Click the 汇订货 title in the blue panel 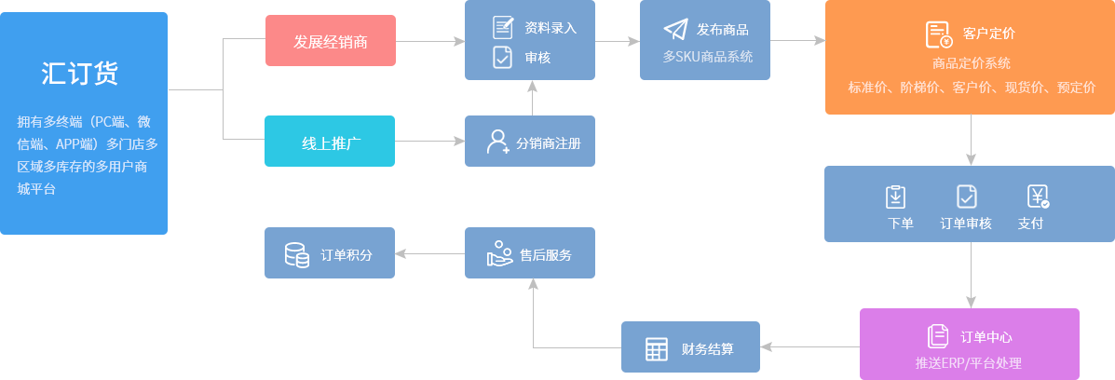point(80,74)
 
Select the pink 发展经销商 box point(331,41)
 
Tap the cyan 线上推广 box point(331,142)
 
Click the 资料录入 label point(551,27)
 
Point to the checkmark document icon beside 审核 point(503,57)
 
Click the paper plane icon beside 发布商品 point(675,29)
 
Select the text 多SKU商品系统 point(708,57)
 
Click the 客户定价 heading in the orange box point(989,34)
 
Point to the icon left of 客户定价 point(938,34)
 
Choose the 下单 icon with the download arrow point(895,197)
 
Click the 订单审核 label point(966,224)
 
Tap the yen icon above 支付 point(1038,197)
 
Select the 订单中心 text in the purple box point(986,337)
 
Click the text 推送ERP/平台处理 point(969,362)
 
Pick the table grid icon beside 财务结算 point(657,349)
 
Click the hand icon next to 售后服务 point(500,254)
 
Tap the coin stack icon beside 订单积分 point(296,254)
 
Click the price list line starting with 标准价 point(972,88)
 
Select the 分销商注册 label point(548,143)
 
